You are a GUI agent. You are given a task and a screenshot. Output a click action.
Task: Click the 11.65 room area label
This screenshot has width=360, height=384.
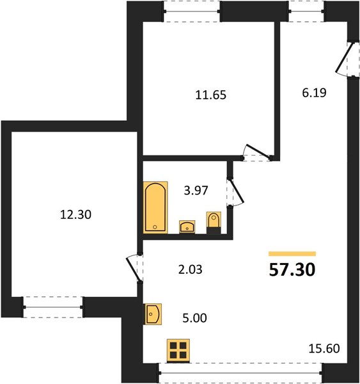tap(211, 95)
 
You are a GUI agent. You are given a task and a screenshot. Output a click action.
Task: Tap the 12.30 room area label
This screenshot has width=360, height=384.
tap(75, 214)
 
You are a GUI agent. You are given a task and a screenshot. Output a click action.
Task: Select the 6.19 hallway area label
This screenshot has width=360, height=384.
tap(314, 93)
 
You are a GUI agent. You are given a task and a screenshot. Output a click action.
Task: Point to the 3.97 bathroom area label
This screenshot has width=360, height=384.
tap(196, 190)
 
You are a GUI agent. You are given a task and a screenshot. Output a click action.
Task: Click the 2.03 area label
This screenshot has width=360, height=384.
tap(190, 269)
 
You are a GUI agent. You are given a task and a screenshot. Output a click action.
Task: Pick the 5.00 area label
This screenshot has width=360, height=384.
tap(194, 318)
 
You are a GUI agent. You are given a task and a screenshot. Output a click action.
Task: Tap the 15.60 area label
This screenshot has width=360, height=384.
tap(324, 348)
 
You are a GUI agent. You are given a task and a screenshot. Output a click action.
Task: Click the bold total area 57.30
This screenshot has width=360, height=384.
tap(292, 270)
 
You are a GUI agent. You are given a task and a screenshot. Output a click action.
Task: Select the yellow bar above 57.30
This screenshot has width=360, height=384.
tap(292, 253)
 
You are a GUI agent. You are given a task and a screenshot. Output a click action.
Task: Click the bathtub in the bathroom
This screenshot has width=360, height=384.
tap(155, 207)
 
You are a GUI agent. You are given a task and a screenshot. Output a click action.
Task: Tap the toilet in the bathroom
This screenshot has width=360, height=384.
tap(214, 222)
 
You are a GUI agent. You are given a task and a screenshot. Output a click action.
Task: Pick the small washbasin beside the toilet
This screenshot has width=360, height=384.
tap(187, 227)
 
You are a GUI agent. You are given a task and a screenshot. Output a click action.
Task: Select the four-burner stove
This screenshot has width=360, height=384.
tap(178, 351)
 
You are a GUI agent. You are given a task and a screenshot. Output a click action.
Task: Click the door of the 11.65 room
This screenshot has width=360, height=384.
tap(256, 152)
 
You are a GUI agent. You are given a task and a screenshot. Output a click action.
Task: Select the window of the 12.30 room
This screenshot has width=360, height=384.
tap(53, 307)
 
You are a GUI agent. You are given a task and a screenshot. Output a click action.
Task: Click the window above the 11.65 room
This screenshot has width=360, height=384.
tap(192, 12)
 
